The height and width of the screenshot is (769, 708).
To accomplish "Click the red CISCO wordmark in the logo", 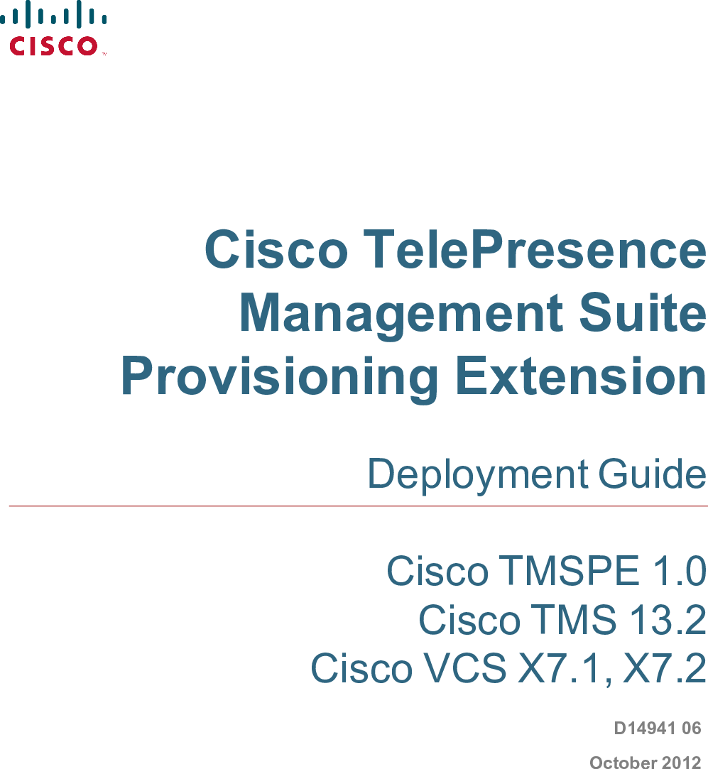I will pyautogui.click(x=53, y=46).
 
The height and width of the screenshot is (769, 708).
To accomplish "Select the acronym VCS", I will pyautogui.click(x=464, y=668).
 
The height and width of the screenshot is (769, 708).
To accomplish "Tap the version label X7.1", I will pyautogui.click(x=565, y=668).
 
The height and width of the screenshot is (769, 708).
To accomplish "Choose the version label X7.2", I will pyautogui.click(x=664, y=668).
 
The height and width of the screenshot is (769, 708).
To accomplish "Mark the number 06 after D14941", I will pyautogui.click(x=691, y=729).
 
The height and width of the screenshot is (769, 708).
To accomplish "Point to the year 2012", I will pyautogui.click(x=681, y=763).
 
